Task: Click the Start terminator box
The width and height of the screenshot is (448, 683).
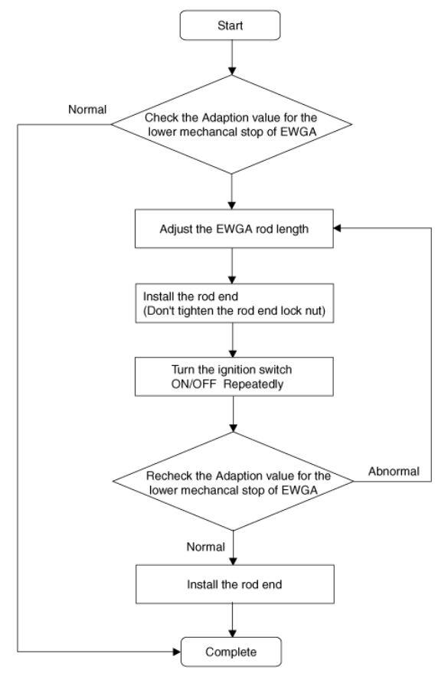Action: click(x=230, y=25)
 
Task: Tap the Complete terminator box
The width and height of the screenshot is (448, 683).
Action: click(x=231, y=652)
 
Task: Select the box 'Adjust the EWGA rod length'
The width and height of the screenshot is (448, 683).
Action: click(x=234, y=229)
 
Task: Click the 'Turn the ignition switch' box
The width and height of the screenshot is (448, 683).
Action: click(x=234, y=377)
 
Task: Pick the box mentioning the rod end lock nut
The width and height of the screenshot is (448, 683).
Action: click(x=234, y=303)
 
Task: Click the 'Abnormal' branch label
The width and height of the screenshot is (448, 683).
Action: click(x=394, y=472)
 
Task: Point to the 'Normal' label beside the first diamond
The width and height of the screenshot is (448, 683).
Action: click(x=87, y=109)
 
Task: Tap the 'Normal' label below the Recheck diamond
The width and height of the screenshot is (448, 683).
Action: click(x=206, y=547)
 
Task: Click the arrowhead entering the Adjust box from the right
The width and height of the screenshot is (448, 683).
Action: click(x=337, y=228)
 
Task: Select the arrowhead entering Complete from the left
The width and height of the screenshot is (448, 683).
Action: click(x=176, y=652)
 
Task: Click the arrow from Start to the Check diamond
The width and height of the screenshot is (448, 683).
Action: click(x=232, y=57)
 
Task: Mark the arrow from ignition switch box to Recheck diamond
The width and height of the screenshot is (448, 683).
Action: click(x=233, y=413)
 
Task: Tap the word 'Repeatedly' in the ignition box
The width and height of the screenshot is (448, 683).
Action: click(x=253, y=384)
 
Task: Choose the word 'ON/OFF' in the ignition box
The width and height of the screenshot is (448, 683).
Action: click(x=193, y=384)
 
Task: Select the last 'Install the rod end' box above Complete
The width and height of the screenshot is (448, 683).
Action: click(x=235, y=584)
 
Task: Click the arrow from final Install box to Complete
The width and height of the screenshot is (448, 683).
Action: click(x=233, y=620)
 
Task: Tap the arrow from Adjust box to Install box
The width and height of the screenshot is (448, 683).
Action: click(x=232, y=266)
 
